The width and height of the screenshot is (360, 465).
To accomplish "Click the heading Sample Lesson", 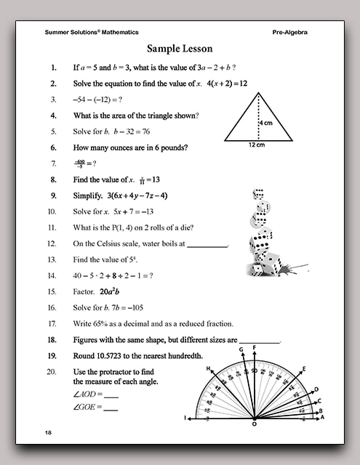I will (180, 49).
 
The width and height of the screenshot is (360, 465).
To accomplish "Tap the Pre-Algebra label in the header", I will (294, 32).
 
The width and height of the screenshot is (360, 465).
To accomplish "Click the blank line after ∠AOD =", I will (111, 396).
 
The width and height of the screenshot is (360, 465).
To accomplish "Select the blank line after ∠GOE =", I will (111, 409).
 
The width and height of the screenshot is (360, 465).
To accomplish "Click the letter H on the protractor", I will (208, 369).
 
